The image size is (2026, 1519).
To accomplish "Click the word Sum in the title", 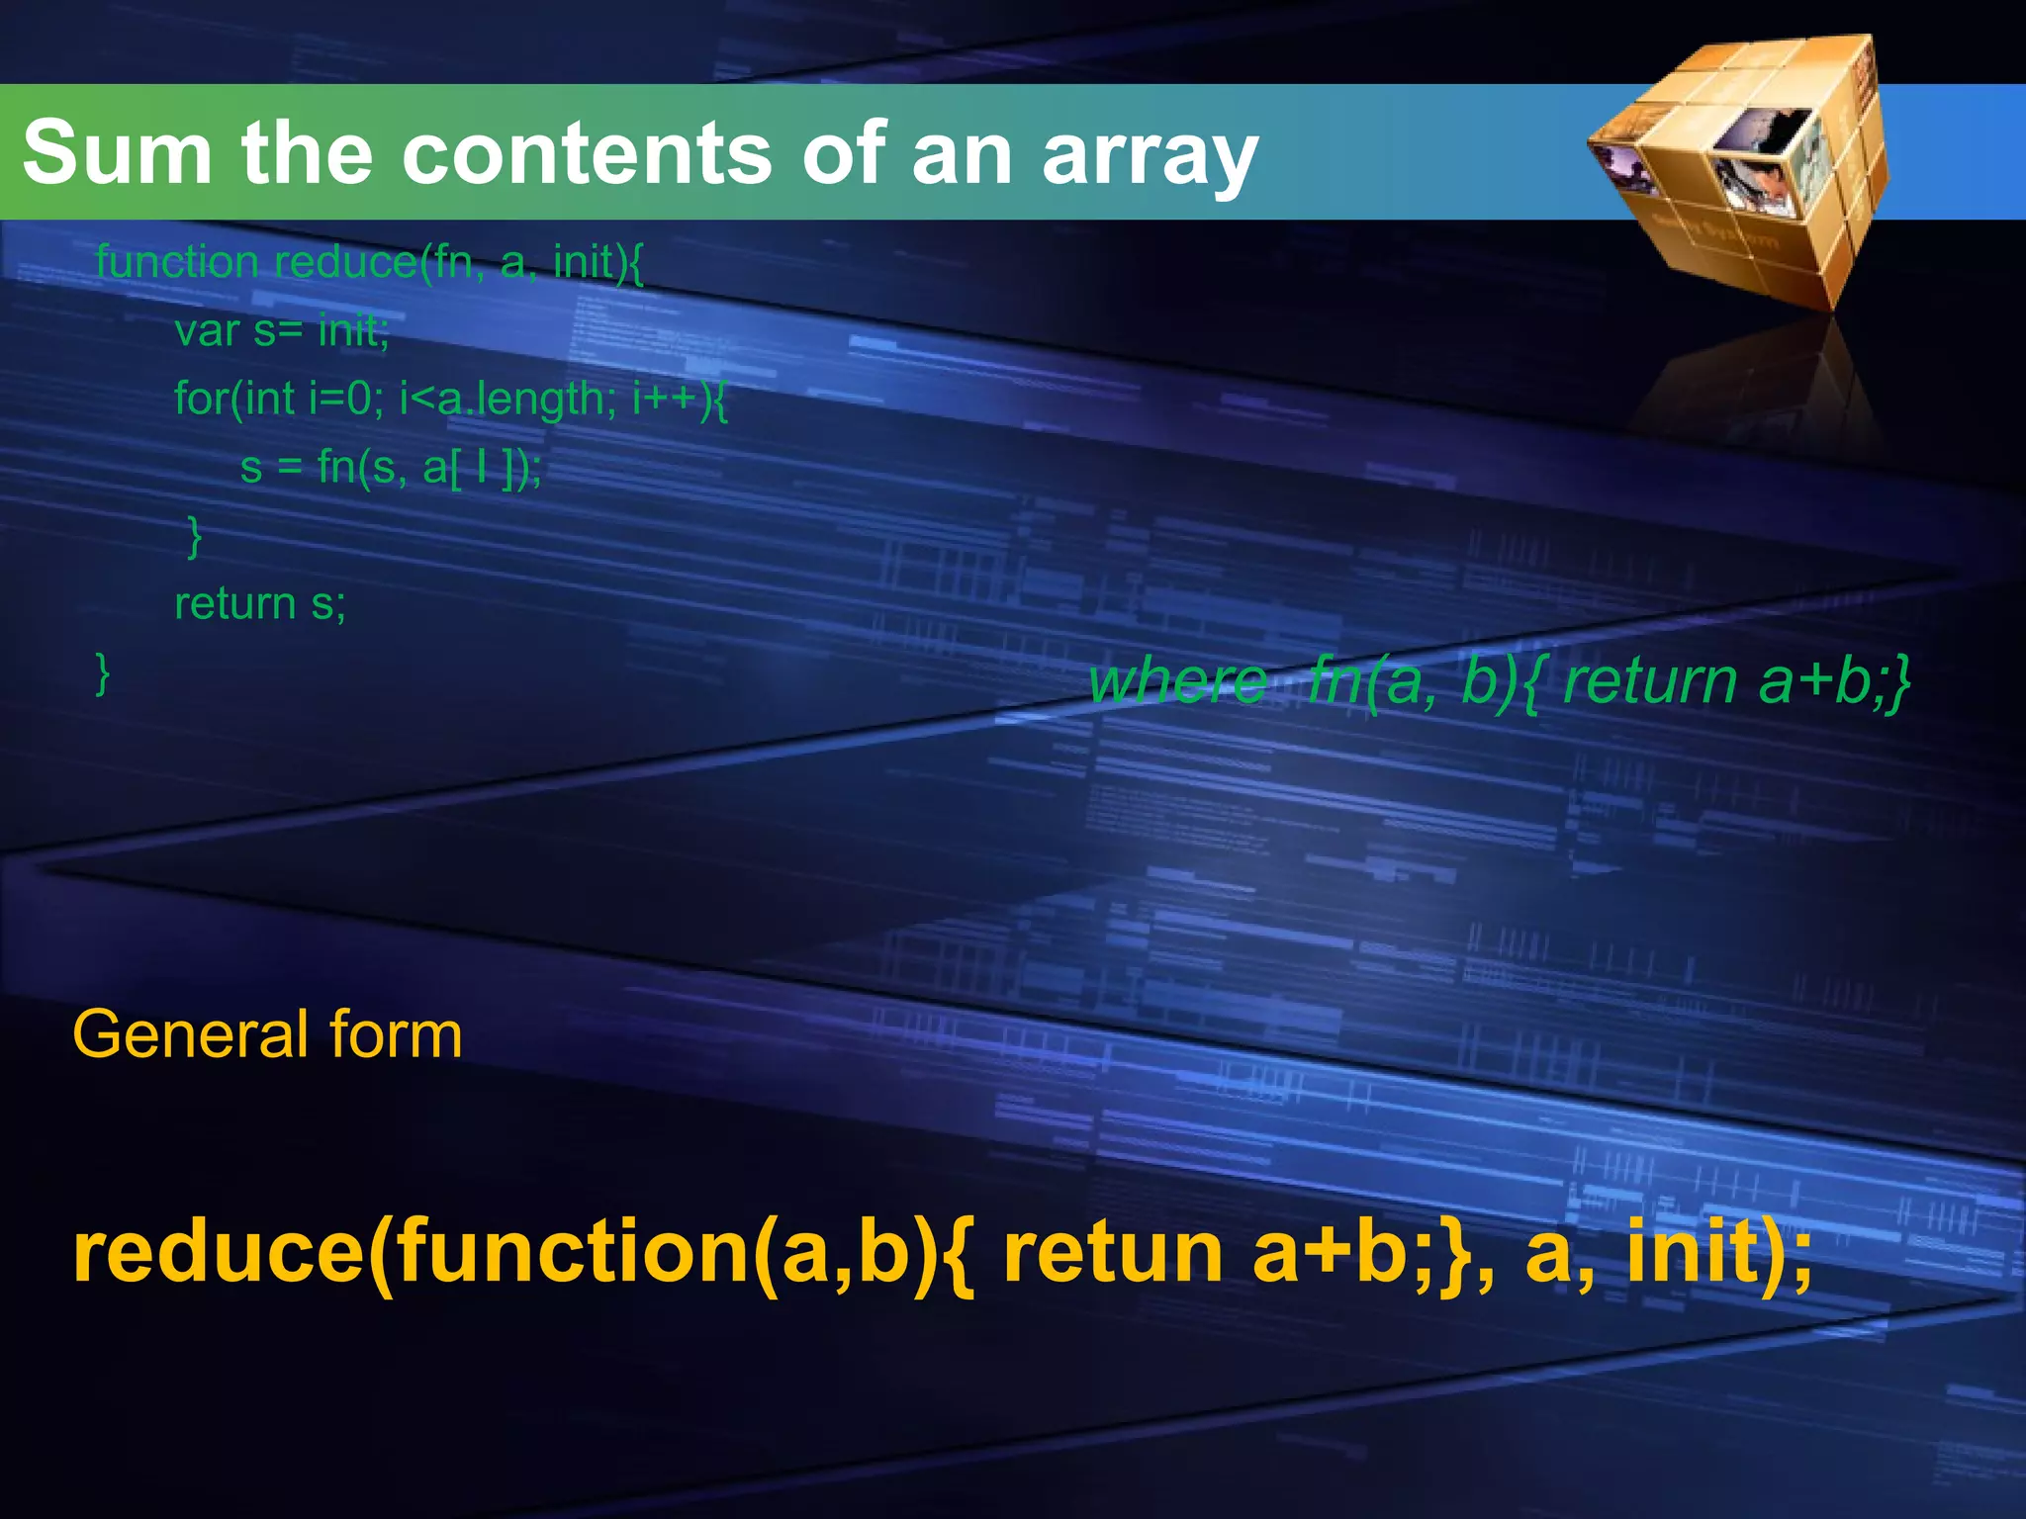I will (117, 153).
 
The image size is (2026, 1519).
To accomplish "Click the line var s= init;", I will (282, 330).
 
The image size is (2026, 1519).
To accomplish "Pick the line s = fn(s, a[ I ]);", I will (391, 467).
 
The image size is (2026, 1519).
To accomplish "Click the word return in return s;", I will (235, 603).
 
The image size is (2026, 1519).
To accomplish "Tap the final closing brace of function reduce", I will (102, 672).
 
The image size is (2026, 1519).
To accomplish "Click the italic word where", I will (1177, 681).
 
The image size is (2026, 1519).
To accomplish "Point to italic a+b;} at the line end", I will (1835, 681).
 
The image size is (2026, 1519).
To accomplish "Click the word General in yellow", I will (191, 1035).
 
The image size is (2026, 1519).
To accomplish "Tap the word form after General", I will (396, 1035).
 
